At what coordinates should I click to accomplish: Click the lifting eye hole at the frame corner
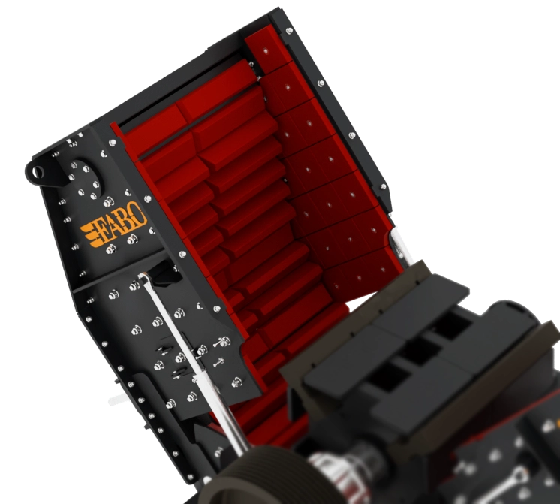[37, 172]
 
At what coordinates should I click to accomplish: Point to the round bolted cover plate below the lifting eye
[85, 179]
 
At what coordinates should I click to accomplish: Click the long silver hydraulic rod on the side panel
[193, 361]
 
